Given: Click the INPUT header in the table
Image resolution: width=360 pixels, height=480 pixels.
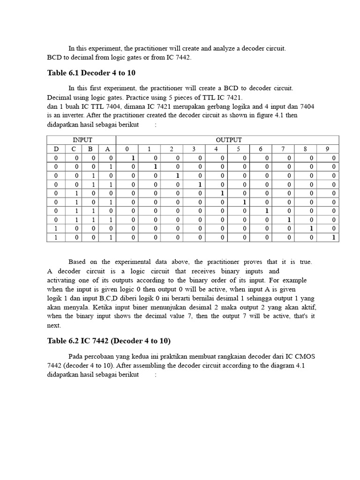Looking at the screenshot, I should (82, 140).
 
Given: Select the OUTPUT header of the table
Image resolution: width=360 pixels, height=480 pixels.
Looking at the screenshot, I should (228, 140).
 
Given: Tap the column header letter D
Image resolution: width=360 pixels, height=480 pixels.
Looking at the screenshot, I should (56, 149).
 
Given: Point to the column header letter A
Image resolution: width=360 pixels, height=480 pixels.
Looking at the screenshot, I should (107, 149).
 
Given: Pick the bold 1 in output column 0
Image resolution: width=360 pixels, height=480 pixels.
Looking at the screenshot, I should (133, 158).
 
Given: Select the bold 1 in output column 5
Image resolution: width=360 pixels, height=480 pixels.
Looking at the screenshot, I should (244, 202).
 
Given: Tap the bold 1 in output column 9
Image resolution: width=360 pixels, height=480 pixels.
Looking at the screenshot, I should (334, 238).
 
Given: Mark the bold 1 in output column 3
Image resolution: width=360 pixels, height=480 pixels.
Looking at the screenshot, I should (200, 185).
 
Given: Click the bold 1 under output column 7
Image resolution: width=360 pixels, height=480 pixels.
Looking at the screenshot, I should (289, 220).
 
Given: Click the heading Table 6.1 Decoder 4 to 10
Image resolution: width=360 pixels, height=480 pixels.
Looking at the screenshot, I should (91, 73).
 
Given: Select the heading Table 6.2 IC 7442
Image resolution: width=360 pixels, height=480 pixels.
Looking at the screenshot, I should (109, 341).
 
